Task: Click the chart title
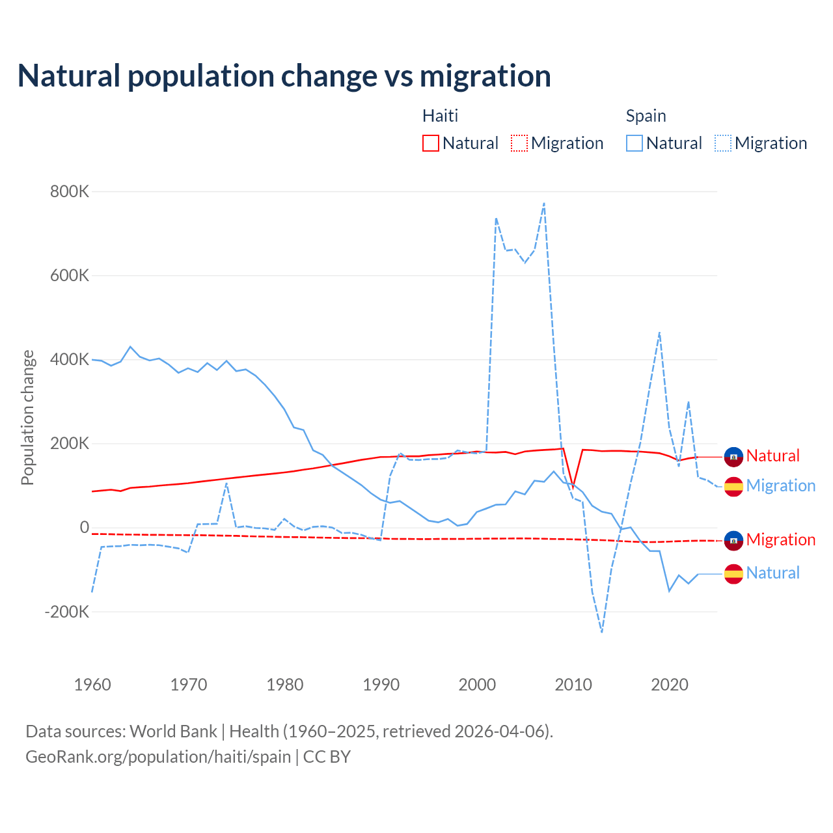point(284,76)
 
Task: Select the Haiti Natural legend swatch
point(431,143)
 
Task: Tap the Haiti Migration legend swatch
point(519,143)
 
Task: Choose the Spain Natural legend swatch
point(635,143)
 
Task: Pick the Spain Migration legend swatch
point(723,143)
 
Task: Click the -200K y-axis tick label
point(66,612)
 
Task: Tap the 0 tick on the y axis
point(84,528)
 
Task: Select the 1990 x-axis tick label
point(381,685)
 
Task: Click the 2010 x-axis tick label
point(573,685)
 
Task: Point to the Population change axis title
point(27,417)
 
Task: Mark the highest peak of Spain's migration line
point(544,203)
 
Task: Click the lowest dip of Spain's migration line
point(602,632)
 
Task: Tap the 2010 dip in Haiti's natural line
point(573,487)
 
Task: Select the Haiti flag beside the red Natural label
point(733,457)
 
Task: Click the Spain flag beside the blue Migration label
point(733,486)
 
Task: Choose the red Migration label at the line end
point(780,539)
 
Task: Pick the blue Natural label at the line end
point(772,573)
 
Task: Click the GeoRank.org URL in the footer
point(158,757)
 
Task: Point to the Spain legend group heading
point(646,116)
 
